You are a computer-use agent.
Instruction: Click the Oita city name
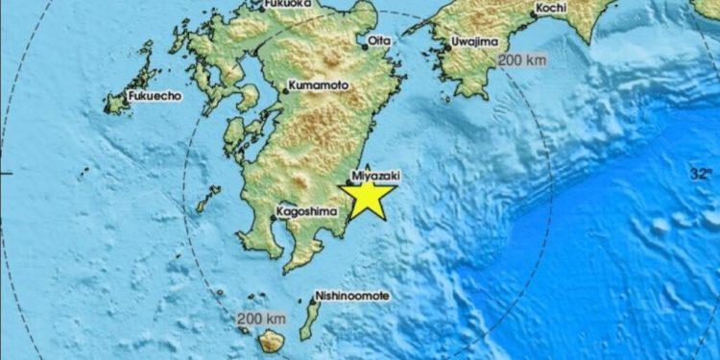[x=380, y=40]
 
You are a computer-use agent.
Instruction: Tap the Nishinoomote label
[x=352, y=297]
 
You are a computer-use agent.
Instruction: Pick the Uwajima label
[x=476, y=42]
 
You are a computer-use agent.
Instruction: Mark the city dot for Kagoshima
[x=273, y=218]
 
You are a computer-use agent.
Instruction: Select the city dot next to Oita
[x=364, y=40]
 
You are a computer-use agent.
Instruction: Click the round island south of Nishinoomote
[x=273, y=340]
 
